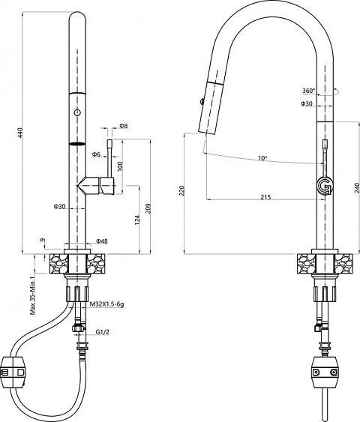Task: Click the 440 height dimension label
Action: [20, 133]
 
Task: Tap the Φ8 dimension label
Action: [124, 126]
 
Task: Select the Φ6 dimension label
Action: [96, 154]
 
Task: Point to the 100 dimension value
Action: [120, 166]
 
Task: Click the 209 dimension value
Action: [148, 208]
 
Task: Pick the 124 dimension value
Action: [137, 220]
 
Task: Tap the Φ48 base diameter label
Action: [102, 241]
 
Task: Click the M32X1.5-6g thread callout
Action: [106, 304]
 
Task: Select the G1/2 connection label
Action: [103, 332]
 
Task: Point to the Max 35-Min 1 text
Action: [33, 295]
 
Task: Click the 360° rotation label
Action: [308, 91]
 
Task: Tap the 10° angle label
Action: [262, 158]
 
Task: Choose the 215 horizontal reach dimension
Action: [265, 197]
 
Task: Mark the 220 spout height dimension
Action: [182, 190]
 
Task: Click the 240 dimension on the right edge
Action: [357, 187]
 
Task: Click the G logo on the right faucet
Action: [325, 186]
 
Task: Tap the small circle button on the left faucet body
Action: [77, 112]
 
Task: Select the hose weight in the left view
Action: [13, 373]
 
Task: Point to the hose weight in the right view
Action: [325, 373]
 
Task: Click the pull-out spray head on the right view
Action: [211, 107]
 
